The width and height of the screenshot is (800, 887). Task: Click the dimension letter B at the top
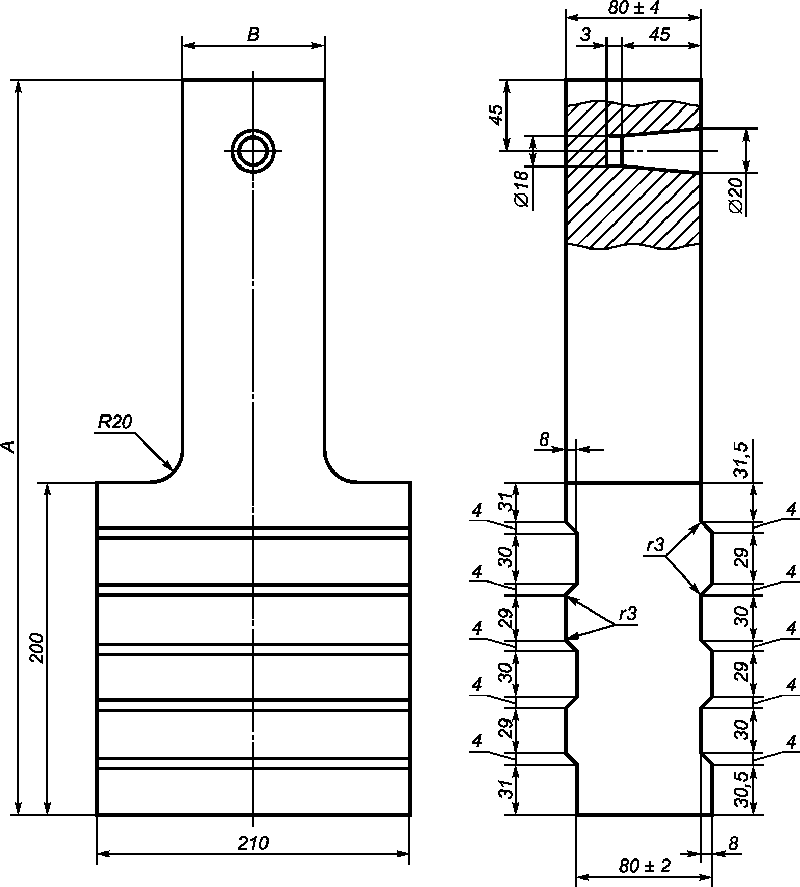point(253,34)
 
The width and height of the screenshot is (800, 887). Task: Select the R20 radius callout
point(115,423)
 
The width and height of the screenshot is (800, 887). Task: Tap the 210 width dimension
point(253,843)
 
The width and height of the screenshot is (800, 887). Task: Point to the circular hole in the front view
point(253,151)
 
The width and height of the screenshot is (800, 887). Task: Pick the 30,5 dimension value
point(741,789)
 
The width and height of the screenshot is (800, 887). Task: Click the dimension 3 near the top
point(585,35)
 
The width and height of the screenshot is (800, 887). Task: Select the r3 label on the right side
point(656,546)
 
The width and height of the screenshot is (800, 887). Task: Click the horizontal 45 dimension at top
point(659,35)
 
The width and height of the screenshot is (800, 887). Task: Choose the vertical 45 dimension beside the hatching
point(497,115)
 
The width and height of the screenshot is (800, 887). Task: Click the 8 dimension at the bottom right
point(733,844)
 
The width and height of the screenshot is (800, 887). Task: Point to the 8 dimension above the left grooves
point(544,439)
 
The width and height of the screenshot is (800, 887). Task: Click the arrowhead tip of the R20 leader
point(173,469)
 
